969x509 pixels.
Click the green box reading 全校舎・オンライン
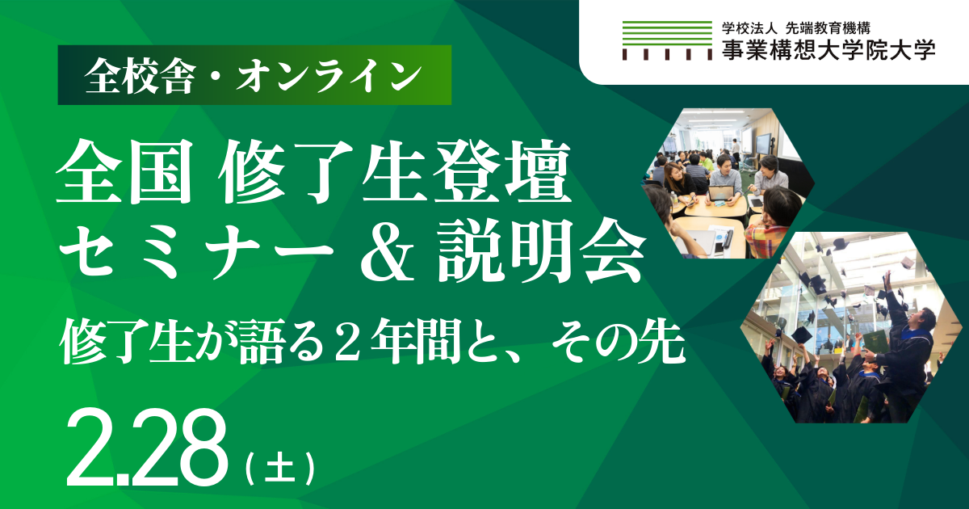pos(254,76)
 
